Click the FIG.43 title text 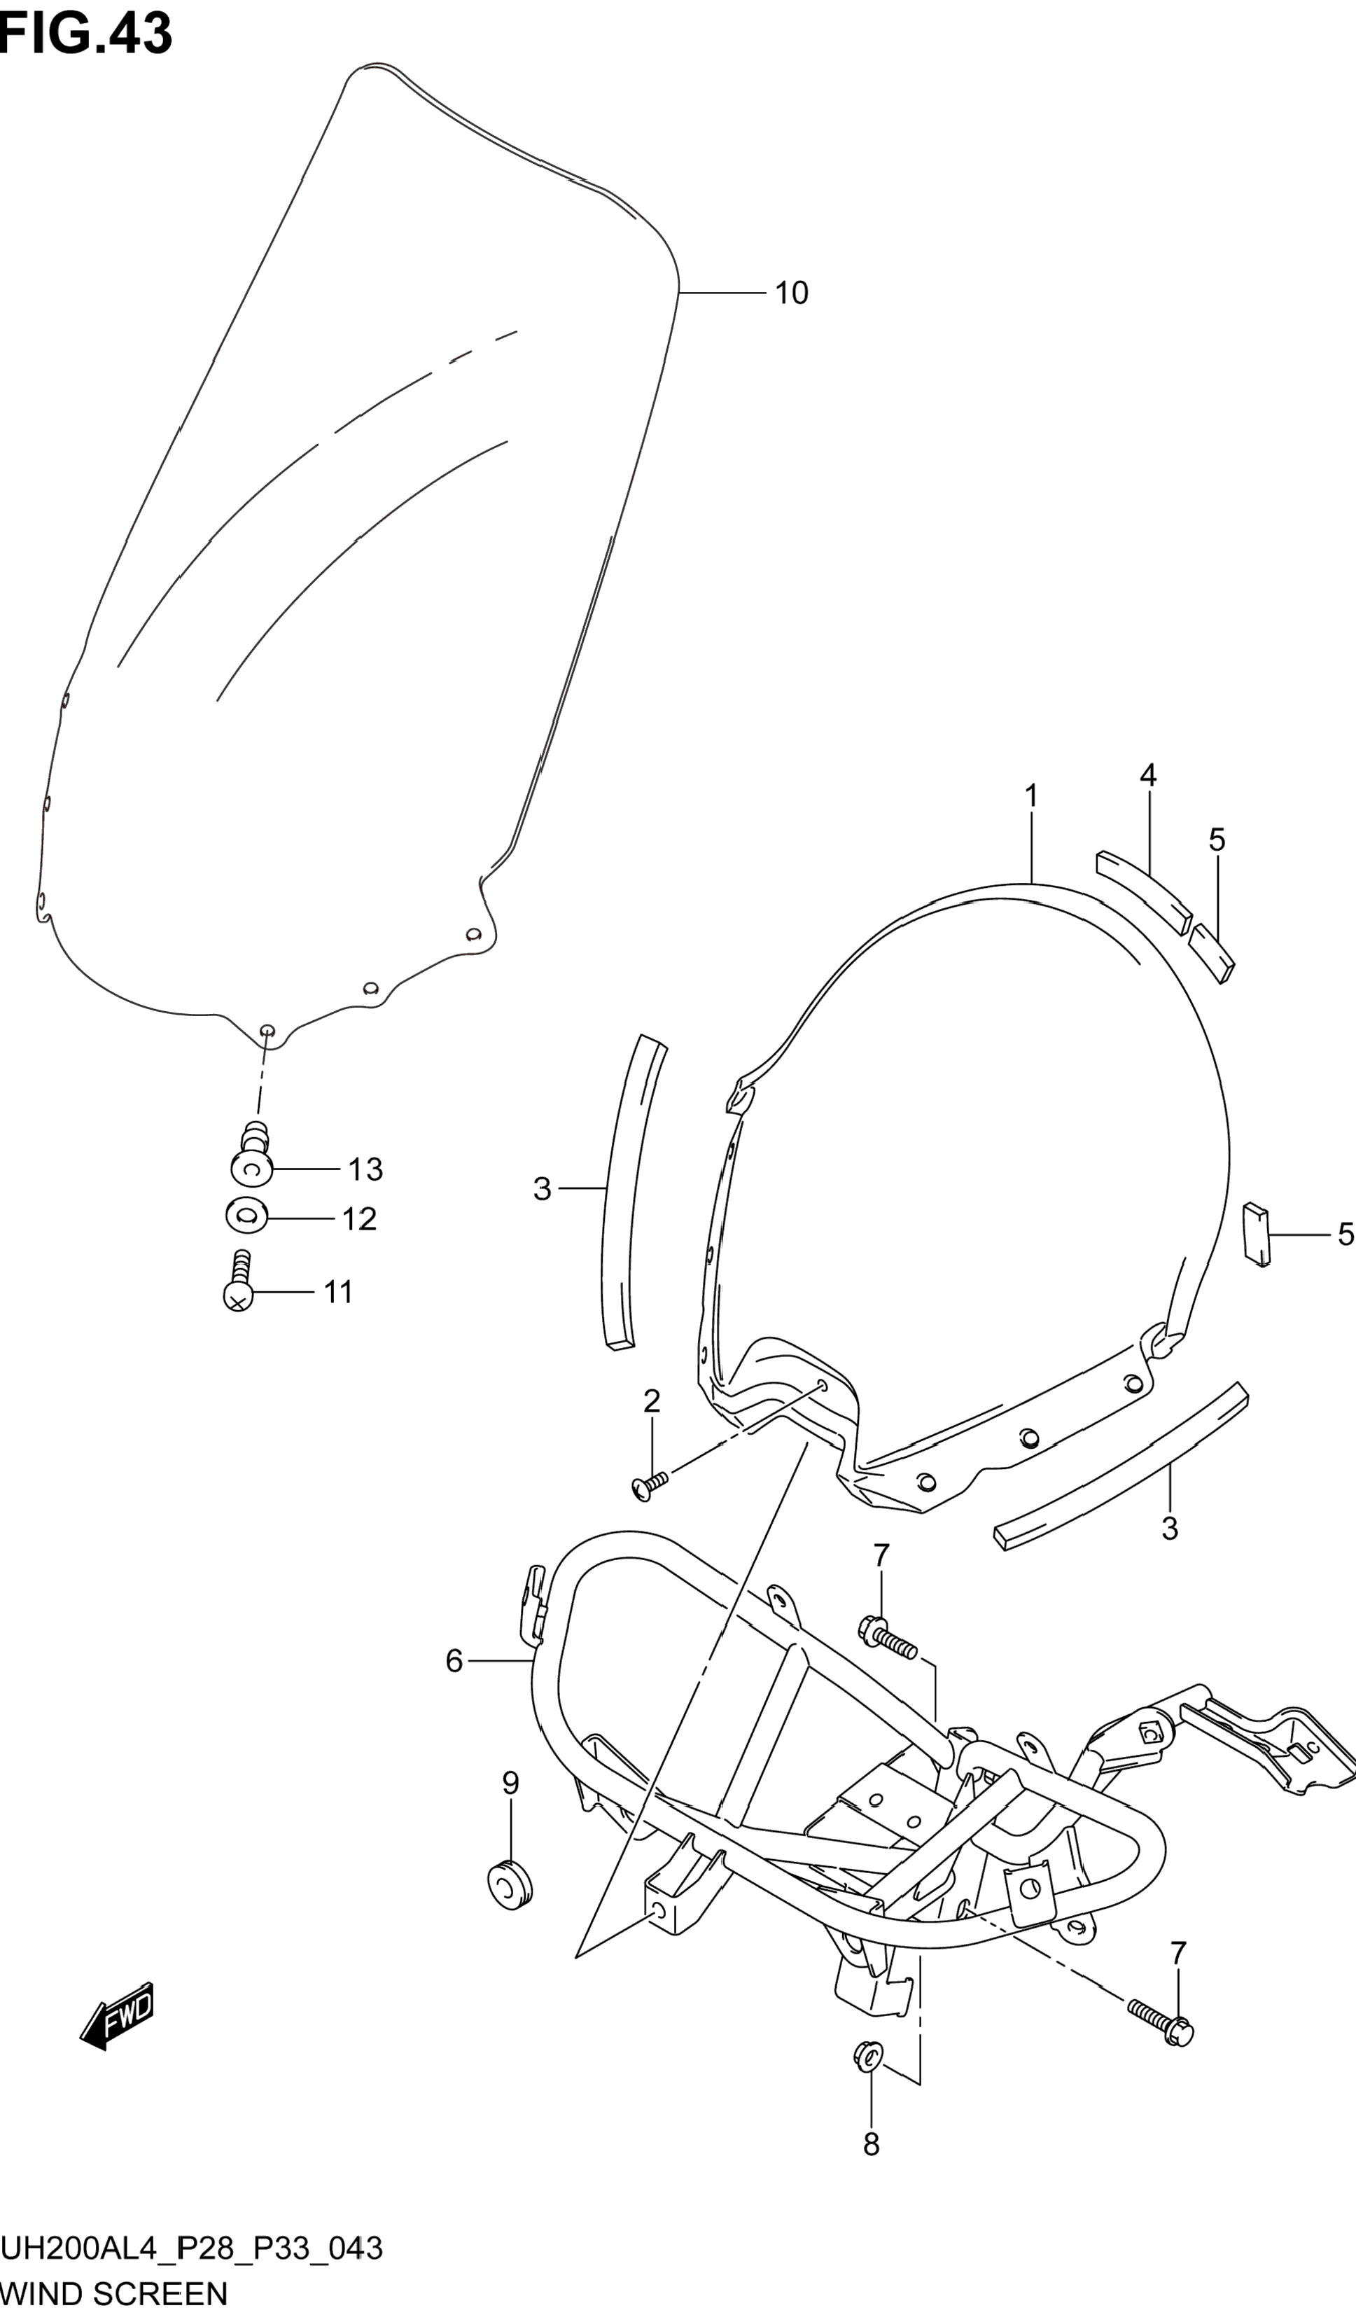point(85,35)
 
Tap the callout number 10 point(791,293)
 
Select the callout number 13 point(365,1169)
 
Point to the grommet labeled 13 point(252,1160)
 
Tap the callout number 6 point(454,1661)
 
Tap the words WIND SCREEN point(114,2295)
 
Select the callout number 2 point(651,1401)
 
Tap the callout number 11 point(338,1293)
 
